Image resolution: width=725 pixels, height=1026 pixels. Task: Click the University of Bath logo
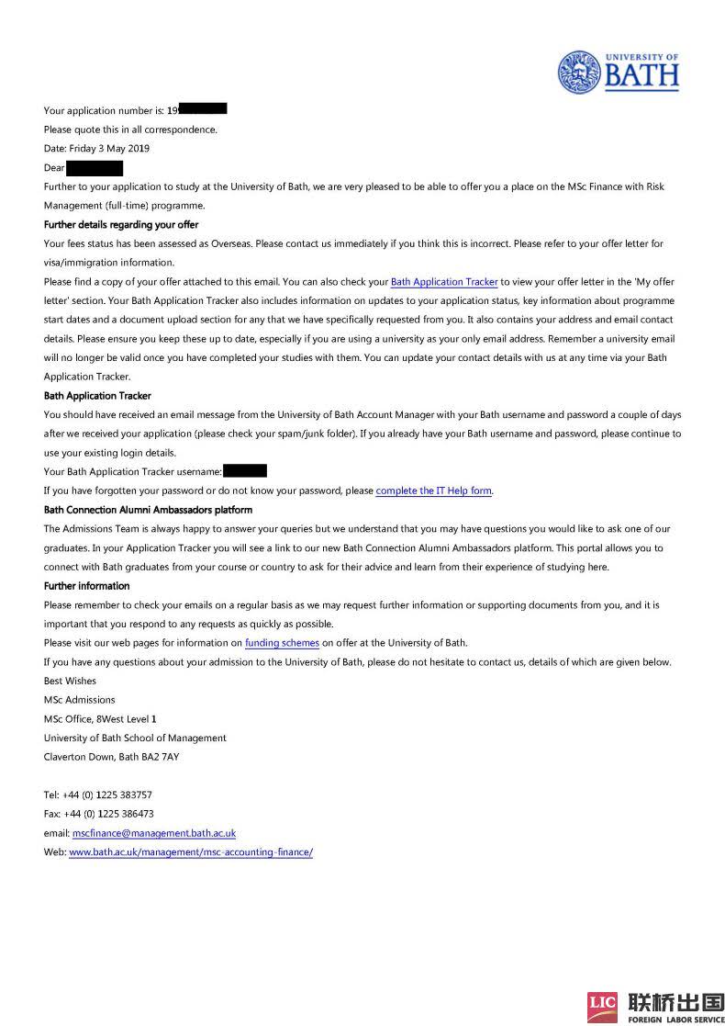click(x=619, y=71)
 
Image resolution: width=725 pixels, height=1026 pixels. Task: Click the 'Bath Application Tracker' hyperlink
click(x=444, y=282)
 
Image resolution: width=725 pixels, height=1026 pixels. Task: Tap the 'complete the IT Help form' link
click(x=434, y=490)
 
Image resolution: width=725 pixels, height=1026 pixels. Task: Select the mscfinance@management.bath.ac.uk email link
click(x=154, y=833)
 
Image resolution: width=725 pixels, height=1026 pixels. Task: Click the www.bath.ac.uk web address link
click(x=191, y=852)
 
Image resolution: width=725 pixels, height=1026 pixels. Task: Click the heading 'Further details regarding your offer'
click(x=121, y=225)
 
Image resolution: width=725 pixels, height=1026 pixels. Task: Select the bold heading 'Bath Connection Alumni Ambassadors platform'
click(x=148, y=510)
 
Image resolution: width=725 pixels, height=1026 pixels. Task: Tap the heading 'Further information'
click(x=86, y=586)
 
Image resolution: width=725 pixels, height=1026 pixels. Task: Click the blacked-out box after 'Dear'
click(x=95, y=168)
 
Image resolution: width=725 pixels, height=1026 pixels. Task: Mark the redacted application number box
click(x=203, y=109)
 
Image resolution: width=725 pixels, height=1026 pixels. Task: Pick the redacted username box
click(x=245, y=471)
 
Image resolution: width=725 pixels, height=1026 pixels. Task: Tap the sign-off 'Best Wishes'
click(x=70, y=682)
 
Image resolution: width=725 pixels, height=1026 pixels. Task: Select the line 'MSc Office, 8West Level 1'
click(x=100, y=719)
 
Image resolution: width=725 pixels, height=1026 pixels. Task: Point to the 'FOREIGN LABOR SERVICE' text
click(x=676, y=1019)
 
